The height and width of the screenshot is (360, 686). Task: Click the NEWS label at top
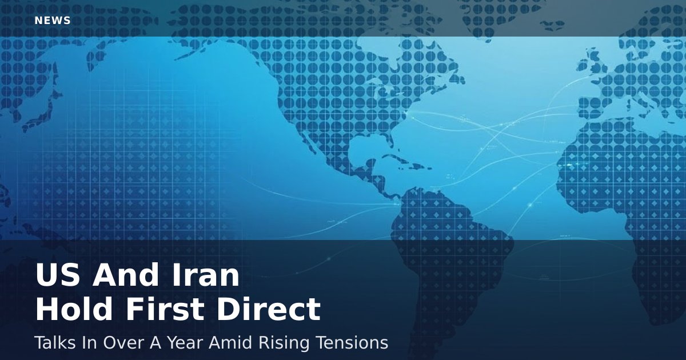click(x=53, y=21)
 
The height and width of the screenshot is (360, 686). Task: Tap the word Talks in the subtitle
click(x=53, y=343)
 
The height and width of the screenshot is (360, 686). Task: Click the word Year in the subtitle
click(x=185, y=343)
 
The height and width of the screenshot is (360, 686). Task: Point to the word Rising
click(x=288, y=343)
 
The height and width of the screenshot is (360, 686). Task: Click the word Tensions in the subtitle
click(x=354, y=343)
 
